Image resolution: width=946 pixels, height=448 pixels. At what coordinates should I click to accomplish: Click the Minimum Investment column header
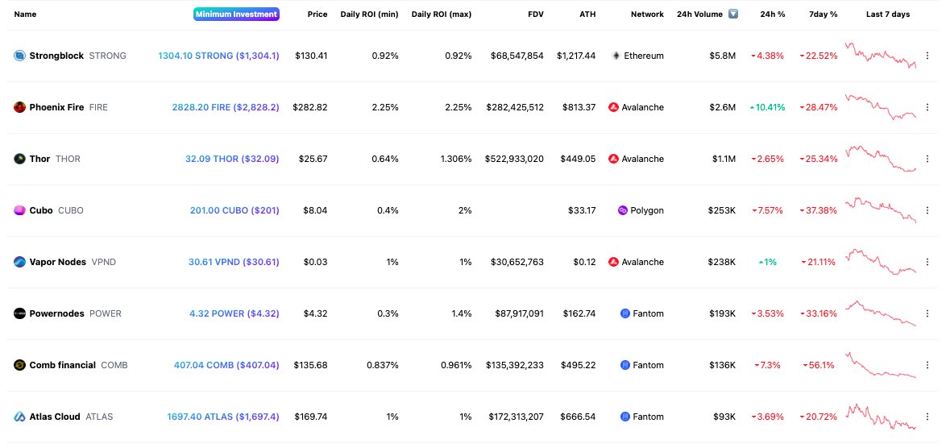(x=236, y=15)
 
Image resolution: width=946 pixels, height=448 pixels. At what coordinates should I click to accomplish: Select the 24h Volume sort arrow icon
(x=732, y=15)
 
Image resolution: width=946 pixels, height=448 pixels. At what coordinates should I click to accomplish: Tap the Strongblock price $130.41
(x=311, y=56)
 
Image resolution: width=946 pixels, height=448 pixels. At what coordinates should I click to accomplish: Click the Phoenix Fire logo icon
(x=19, y=107)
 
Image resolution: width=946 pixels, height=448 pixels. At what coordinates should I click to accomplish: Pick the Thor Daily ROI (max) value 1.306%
(x=454, y=159)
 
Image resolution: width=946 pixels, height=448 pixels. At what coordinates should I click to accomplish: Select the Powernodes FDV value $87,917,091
(x=517, y=313)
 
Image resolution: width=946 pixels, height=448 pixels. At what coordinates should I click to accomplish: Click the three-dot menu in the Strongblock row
(x=928, y=56)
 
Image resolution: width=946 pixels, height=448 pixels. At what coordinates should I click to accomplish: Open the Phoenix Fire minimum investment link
(x=226, y=107)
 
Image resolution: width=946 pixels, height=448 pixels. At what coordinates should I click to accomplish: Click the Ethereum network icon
(x=616, y=56)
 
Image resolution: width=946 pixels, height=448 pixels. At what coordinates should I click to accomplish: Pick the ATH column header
(x=587, y=15)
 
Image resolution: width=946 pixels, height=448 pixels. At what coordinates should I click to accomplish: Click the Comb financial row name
(x=62, y=365)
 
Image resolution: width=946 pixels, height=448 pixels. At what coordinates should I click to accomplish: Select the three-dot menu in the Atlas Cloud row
(x=928, y=417)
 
